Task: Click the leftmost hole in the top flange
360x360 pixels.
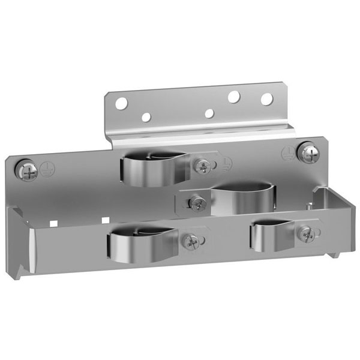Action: pos(121,104)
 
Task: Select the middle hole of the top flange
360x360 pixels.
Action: pos(209,113)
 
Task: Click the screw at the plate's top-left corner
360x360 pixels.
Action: pos(28,171)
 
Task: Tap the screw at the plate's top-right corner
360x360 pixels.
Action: pos(310,155)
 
